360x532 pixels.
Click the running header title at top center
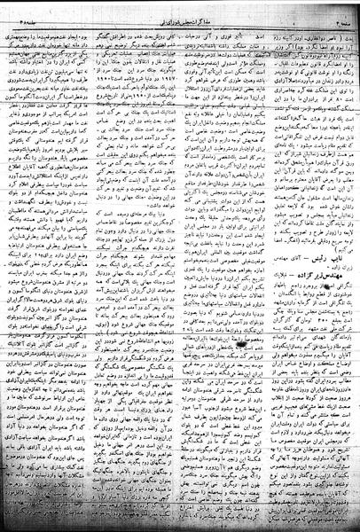(183, 8)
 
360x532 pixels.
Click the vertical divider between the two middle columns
(179, 266)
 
